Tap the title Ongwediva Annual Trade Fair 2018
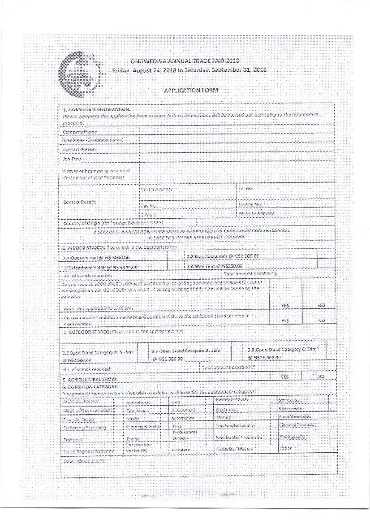click(186, 61)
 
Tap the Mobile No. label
click(250, 205)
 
